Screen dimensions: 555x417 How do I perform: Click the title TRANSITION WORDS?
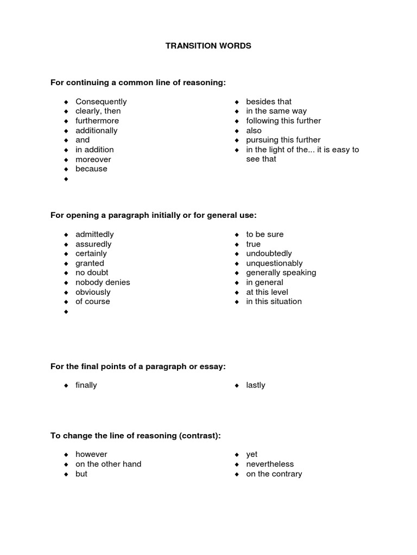click(x=208, y=46)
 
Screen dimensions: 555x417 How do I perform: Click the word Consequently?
click(x=101, y=102)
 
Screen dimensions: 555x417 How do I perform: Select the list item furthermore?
click(x=97, y=121)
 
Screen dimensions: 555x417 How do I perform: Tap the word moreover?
click(x=93, y=159)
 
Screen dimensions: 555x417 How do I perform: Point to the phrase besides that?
click(x=269, y=102)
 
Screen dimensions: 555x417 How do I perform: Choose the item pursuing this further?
click(x=283, y=140)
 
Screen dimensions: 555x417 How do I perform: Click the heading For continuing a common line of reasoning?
click(x=137, y=82)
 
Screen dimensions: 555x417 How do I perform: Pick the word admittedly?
click(x=94, y=235)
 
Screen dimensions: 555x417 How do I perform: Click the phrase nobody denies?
click(x=103, y=282)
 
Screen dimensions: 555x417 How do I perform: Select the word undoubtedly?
click(x=269, y=254)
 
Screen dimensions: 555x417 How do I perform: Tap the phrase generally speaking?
click(x=281, y=273)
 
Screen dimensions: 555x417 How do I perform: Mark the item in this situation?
click(x=274, y=301)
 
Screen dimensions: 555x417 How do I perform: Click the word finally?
click(x=86, y=385)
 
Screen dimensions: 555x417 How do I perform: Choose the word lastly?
click(x=256, y=385)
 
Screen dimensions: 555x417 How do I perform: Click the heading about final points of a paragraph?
click(x=137, y=367)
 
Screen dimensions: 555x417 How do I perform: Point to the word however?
click(x=91, y=455)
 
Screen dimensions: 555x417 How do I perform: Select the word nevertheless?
click(x=270, y=464)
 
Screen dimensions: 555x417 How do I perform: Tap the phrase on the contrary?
click(x=274, y=474)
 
